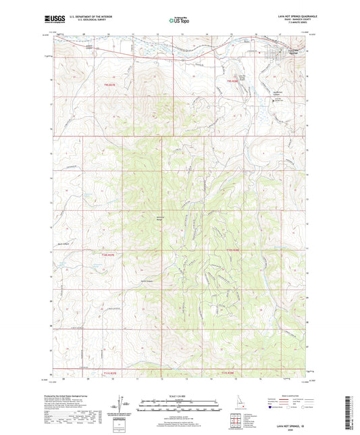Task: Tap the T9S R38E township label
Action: [232, 82]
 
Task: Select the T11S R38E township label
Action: [232, 372]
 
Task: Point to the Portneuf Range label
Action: [161, 219]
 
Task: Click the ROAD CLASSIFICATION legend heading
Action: [305, 396]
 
